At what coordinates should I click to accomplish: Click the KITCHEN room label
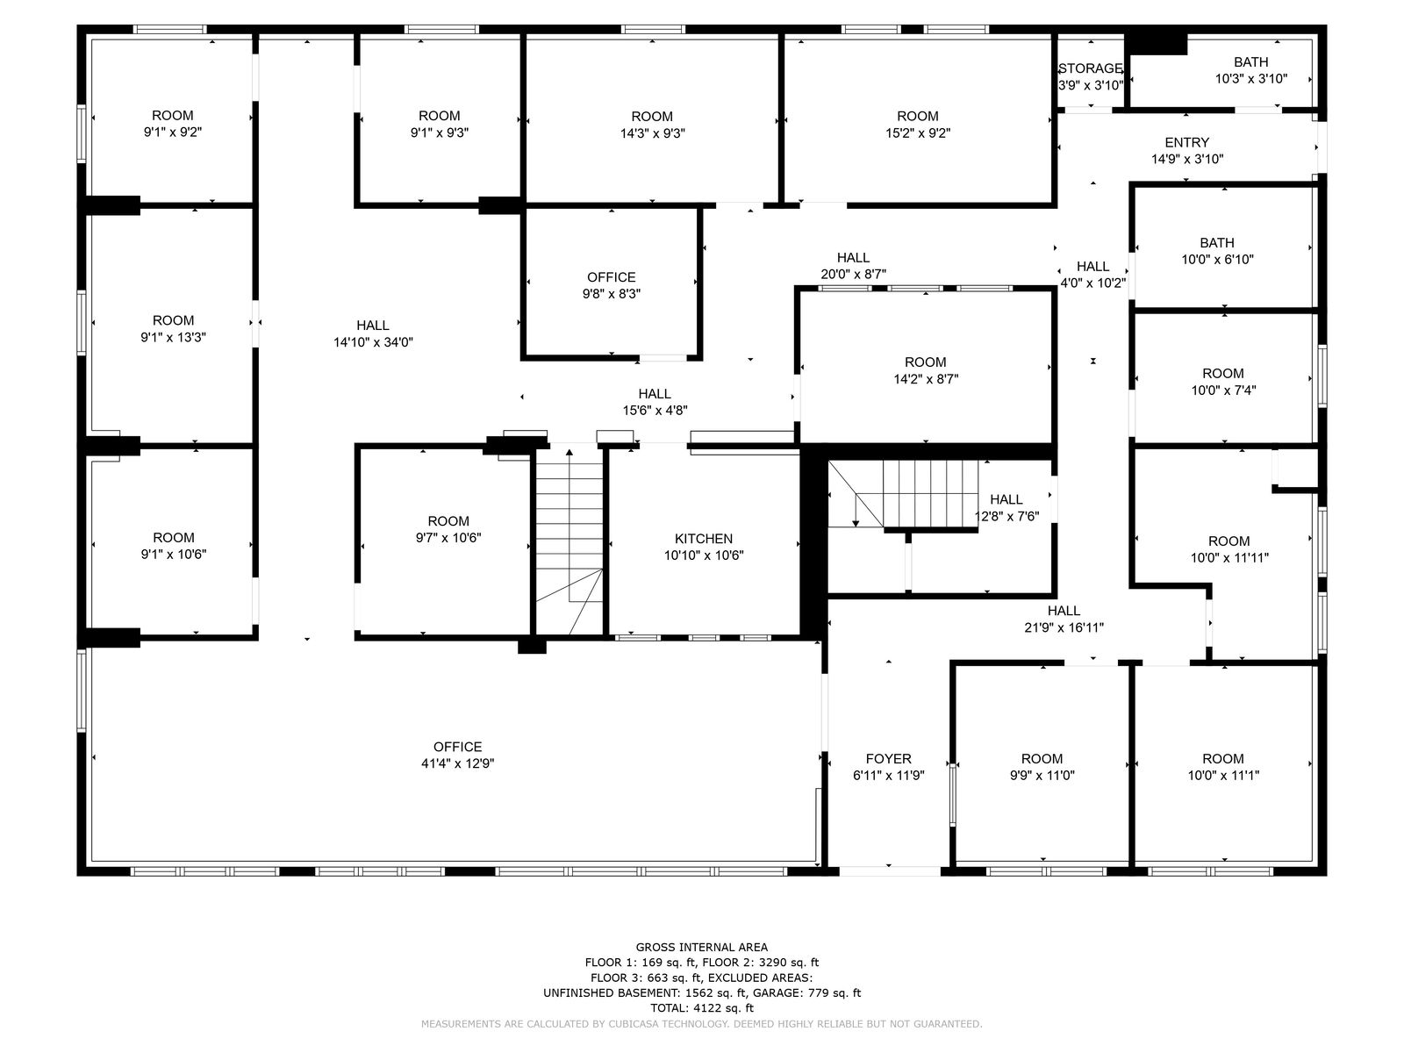(x=703, y=539)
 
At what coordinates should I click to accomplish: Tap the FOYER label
(x=888, y=759)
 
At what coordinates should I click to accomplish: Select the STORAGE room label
(x=1090, y=68)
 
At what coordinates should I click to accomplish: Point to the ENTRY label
(x=1186, y=142)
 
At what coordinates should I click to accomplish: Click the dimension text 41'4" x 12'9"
(x=457, y=763)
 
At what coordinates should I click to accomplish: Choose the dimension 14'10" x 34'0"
(x=373, y=342)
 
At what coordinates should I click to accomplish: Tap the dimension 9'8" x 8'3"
(x=611, y=294)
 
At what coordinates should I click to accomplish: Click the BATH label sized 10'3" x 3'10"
(x=1250, y=62)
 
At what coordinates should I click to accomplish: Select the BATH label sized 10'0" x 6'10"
(x=1216, y=243)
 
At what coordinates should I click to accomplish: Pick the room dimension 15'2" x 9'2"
(x=918, y=133)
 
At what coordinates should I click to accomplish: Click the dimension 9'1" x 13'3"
(x=173, y=337)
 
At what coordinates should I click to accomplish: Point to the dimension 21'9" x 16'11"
(x=1064, y=627)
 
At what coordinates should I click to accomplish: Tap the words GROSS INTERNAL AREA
(x=702, y=947)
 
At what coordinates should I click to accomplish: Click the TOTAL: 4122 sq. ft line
(x=702, y=1008)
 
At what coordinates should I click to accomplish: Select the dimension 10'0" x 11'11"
(x=1228, y=557)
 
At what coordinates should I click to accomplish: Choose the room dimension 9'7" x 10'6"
(x=448, y=538)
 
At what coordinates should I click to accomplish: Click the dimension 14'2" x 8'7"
(x=926, y=379)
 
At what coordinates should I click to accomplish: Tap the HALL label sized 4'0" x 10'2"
(x=1092, y=267)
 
